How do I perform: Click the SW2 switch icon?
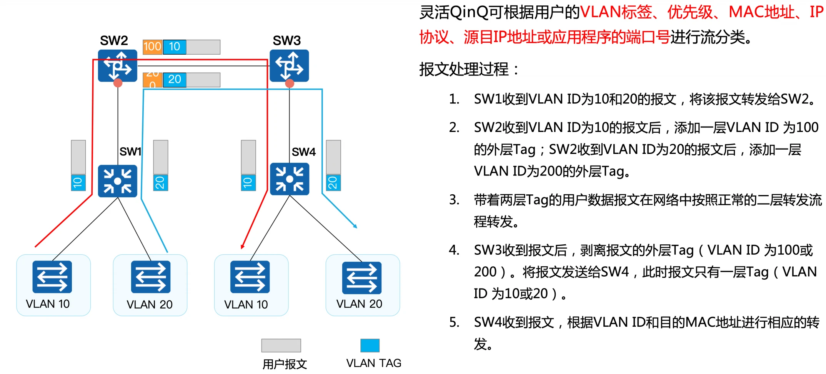pos(118,65)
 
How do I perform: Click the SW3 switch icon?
pos(289,65)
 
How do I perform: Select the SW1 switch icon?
pos(118,181)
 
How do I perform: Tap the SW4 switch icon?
pos(290,179)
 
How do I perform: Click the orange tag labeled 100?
pos(152,47)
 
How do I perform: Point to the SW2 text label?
pos(114,40)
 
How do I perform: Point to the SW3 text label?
pos(287,40)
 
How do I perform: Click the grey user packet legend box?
pos(281,345)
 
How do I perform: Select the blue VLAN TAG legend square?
pos(370,345)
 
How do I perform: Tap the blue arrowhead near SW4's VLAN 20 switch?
pos(356,227)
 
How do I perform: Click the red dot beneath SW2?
pos(118,83)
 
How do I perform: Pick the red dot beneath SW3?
pos(290,83)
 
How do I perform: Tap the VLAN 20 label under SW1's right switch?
pos(150,304)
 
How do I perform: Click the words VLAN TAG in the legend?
pos(373,363)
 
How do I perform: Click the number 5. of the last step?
pos(454,322)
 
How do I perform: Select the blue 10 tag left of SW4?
pos(248,182)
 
